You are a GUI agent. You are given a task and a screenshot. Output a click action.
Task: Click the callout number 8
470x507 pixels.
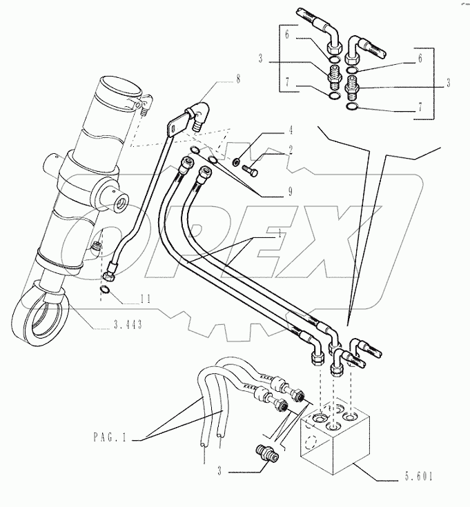tap(237, 79)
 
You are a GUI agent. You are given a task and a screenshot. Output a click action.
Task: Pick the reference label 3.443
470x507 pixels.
tap(127, 325)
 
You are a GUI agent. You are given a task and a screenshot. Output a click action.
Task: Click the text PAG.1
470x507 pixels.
tap(113, 437)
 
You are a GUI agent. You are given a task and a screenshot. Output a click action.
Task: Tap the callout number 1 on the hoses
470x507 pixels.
tap(279, 235)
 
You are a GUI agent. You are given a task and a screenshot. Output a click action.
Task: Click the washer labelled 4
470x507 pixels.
tap(236, 162)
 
